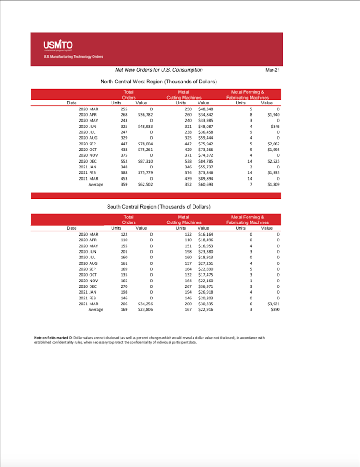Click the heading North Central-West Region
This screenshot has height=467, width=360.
[159, 82]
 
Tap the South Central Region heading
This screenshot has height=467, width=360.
[158, 207]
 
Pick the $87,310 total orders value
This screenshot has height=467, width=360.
[145, 160]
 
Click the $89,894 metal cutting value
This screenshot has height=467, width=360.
[206, 178]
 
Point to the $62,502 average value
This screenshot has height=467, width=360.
[145, 184]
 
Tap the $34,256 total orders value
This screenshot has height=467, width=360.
[145, 304]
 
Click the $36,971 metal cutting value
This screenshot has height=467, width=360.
[206, 286]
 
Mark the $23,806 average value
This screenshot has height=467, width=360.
[145, 310]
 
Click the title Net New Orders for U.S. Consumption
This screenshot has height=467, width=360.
[159, 70]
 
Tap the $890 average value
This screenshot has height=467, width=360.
[275, 310]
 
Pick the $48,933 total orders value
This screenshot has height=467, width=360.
[145, 127]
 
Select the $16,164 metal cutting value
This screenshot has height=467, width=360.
[206, 234]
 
